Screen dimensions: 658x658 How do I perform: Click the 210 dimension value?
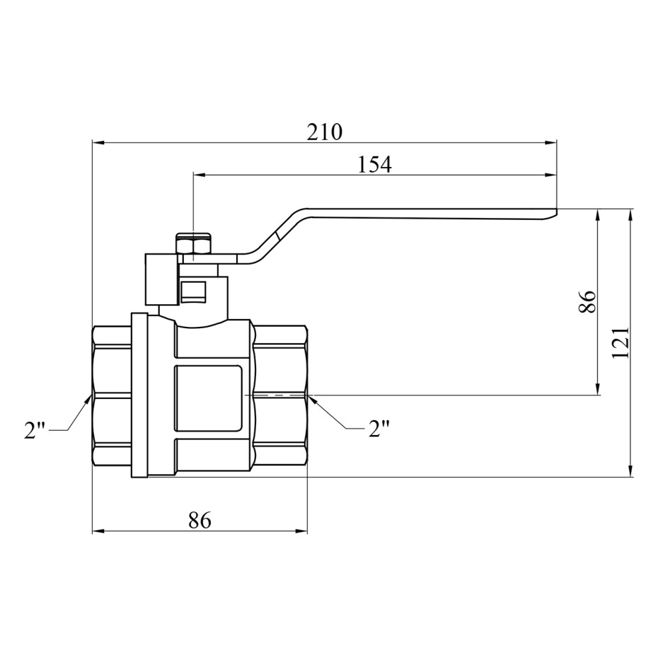(324, 132)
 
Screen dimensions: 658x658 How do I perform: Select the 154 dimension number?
(374, 164)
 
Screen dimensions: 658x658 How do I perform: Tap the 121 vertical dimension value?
(621, 342)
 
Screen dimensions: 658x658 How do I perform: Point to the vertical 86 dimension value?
(587, 301)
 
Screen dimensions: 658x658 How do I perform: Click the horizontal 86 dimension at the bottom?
(200, 520)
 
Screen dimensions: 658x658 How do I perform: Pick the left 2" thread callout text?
(35, 430)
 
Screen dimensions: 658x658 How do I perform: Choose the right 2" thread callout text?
(379, 429)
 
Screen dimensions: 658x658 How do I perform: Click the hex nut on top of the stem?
(192, 243)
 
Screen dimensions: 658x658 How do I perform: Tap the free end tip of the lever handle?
(556, 212)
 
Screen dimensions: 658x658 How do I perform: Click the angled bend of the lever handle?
(278, 235)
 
